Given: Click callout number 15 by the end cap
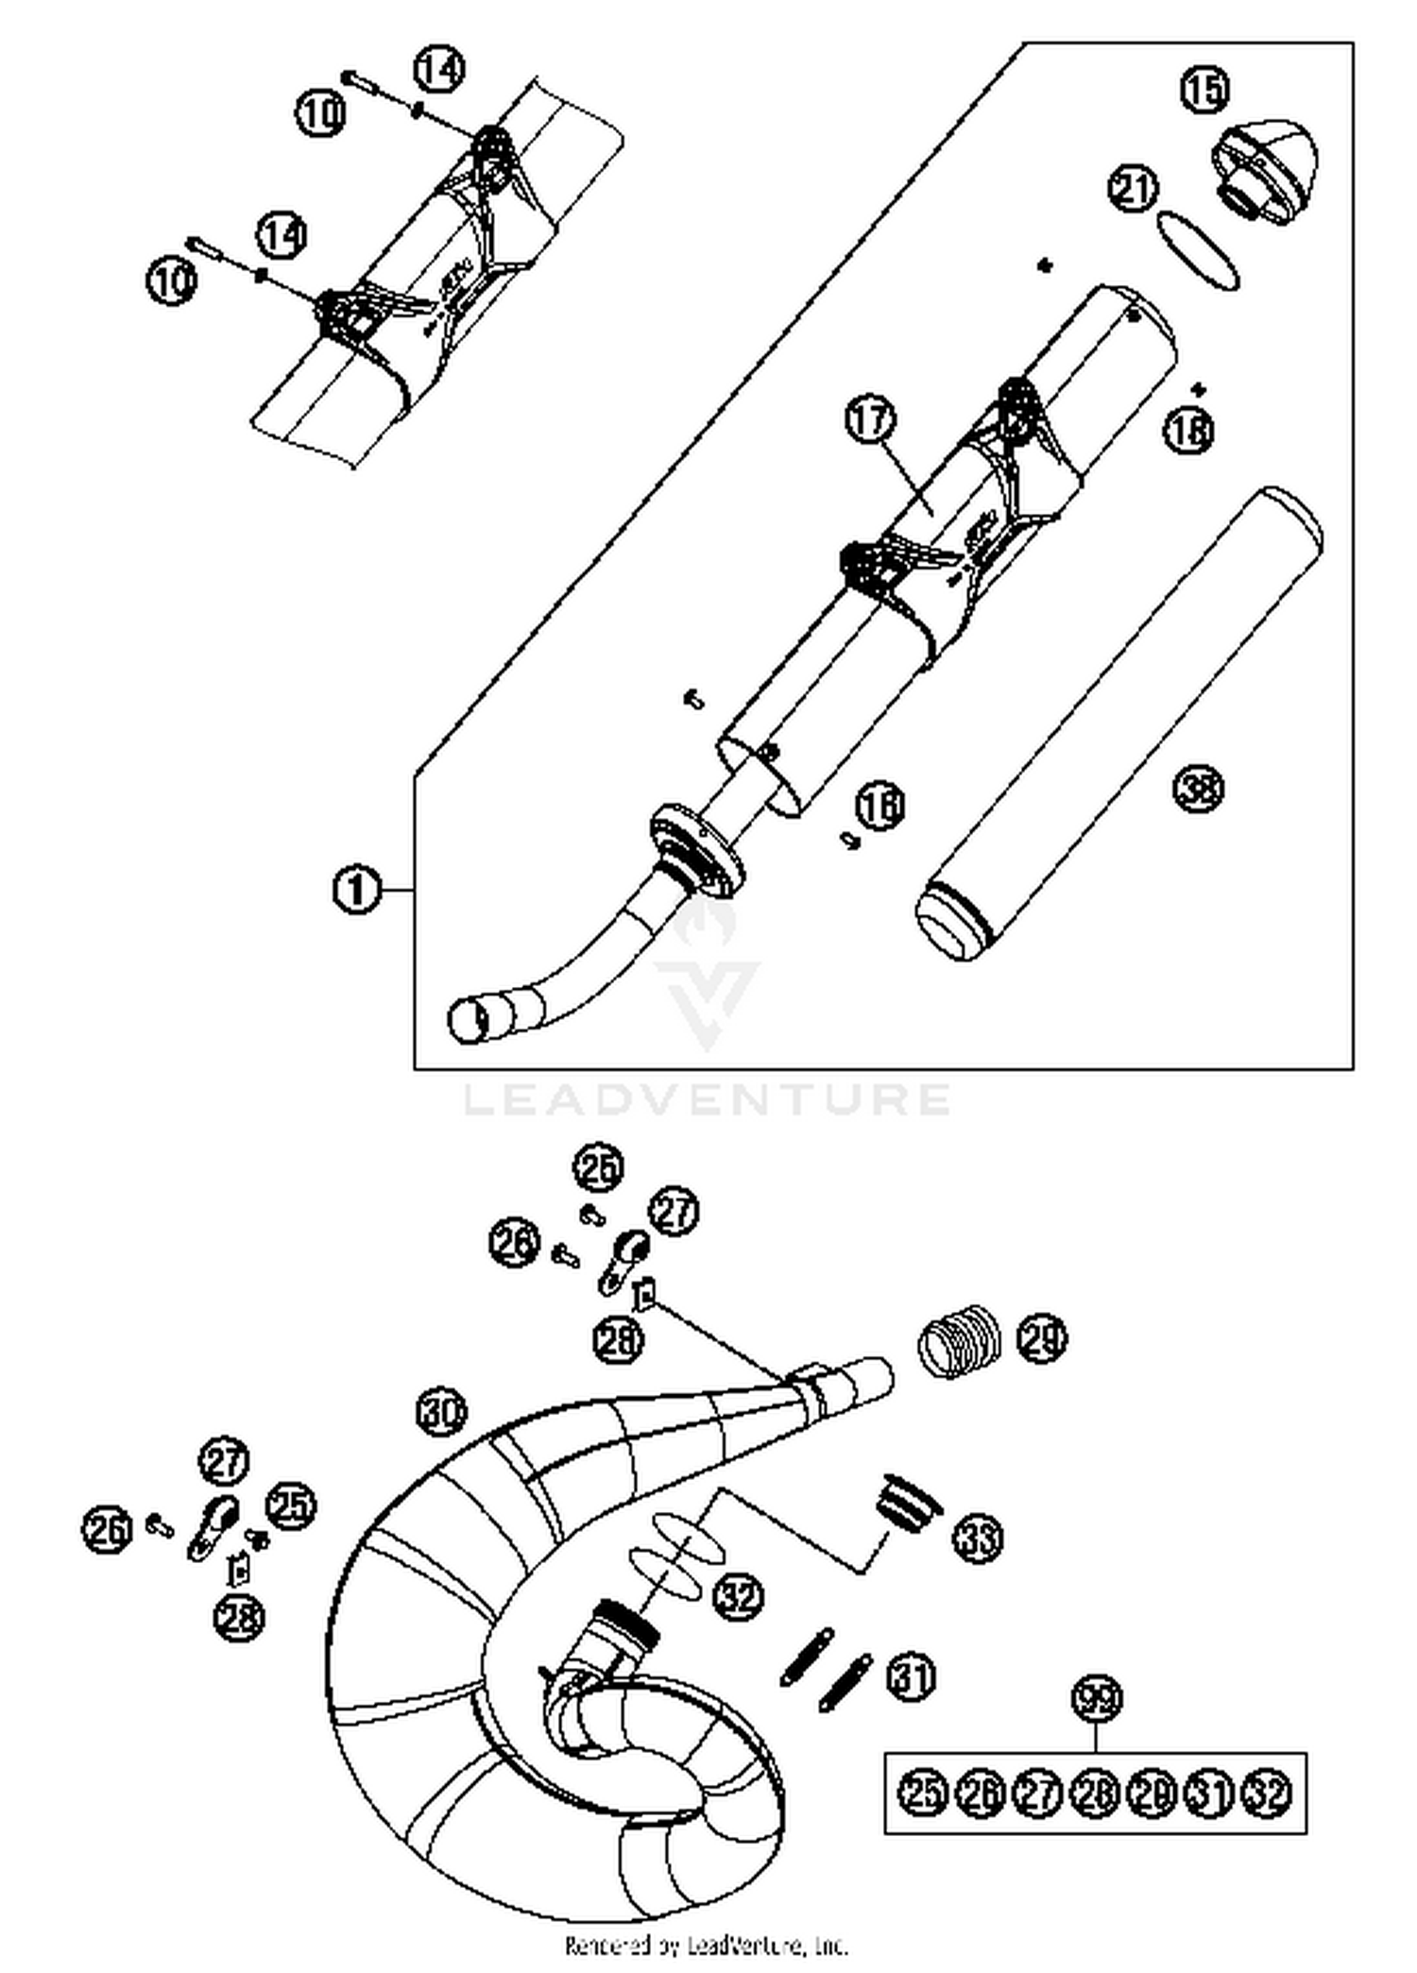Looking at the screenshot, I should pyautogui.click(x=1205, y=89).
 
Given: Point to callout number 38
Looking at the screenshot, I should pyautogui.click(x=1198, y=787).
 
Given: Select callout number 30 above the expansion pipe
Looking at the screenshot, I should pyautogui.click(x=441, y=1413).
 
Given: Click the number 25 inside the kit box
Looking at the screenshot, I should pyautogui.click(x=923, y=1793).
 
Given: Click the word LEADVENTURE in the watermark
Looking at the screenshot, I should pyautogui.click(x=707, y=1099).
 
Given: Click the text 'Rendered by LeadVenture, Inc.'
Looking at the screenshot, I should pyautogui.click(x=707, y=1946).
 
